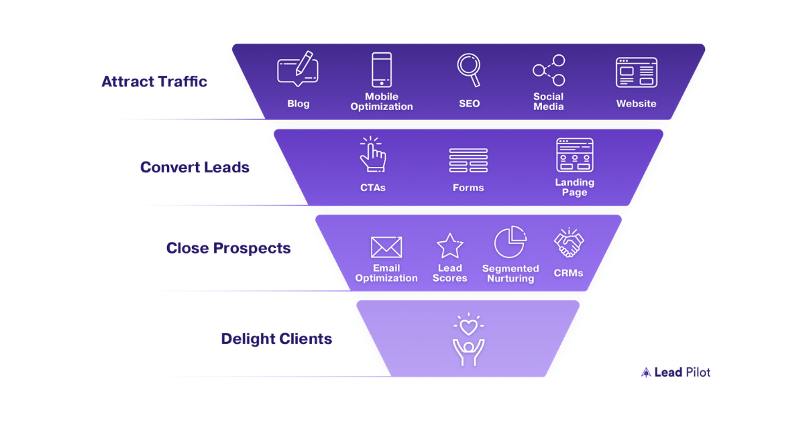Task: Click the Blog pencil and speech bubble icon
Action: click(298, 70)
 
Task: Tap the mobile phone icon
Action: click(381, 70)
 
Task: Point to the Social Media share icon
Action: click(549, 70)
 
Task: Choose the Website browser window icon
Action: click(636, 72)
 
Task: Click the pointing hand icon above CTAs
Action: click(372, 156)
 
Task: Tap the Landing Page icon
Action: click(574, 156)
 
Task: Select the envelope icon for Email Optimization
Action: click(386, 247)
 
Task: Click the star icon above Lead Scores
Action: click(449, 246)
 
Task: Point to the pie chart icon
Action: click(510, 243)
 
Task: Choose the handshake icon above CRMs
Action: click(569, 243)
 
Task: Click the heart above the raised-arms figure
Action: click(468, 326)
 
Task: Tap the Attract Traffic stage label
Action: click(154, 82)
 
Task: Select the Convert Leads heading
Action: click(195, 168)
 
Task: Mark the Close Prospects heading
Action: click(229, 248)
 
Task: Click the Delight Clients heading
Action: click(276, 339)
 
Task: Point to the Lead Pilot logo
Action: click(676, 372)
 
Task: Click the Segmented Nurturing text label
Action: click(510, 274)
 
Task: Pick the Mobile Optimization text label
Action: click(381, 102)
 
